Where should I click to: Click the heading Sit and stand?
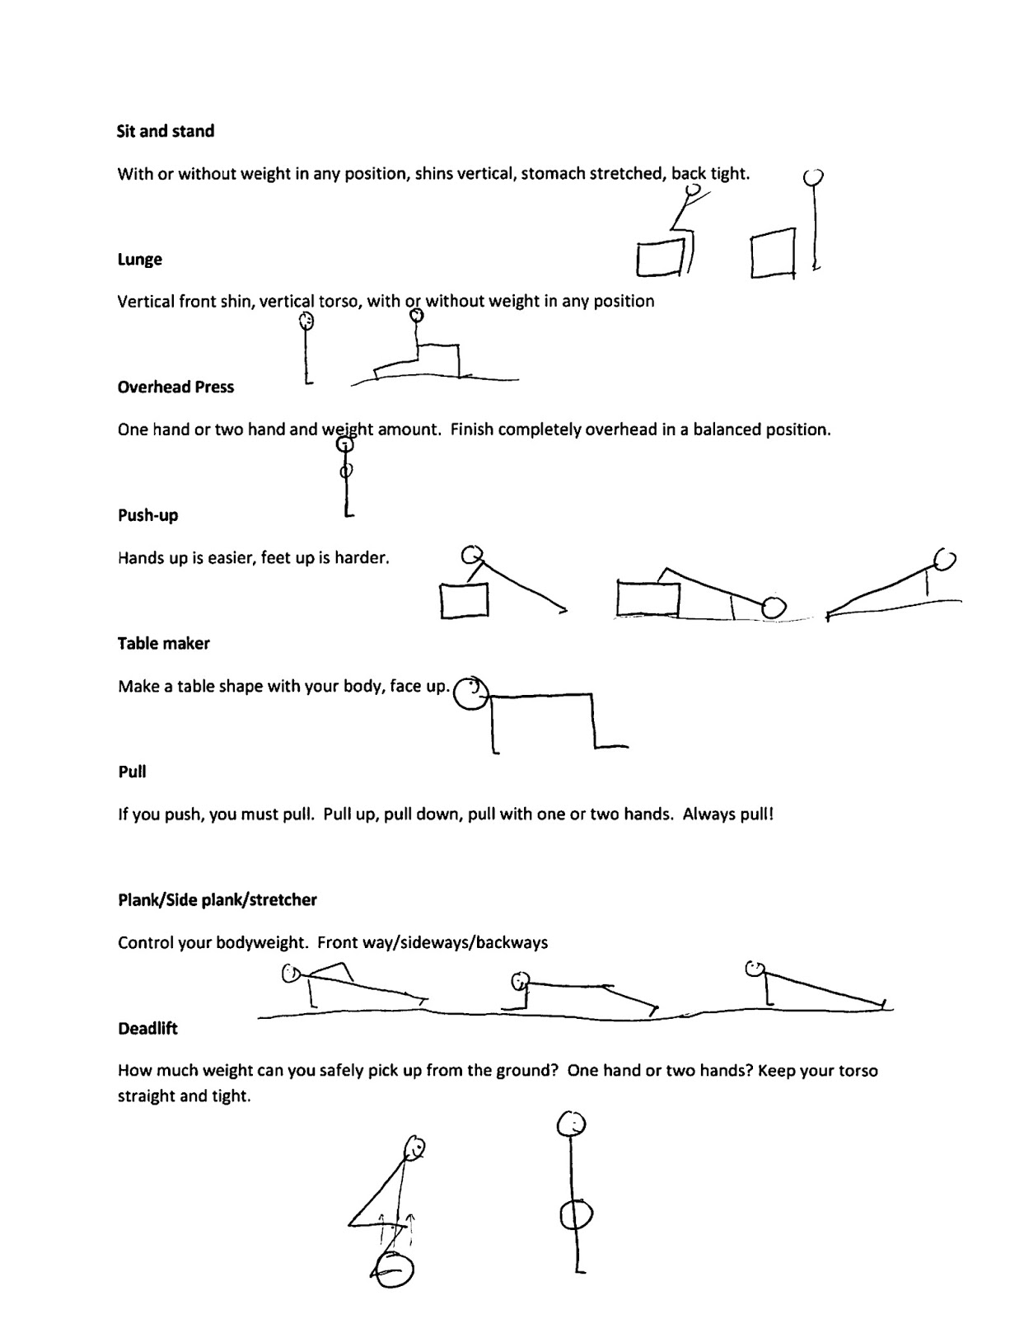point(166,131)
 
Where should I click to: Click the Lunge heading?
point(139,260)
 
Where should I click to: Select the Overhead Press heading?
point(175,387)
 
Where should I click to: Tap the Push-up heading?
point(147,516)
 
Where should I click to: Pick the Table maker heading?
point(163,644)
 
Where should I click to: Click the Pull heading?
point(132,772)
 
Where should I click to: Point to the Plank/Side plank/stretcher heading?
point(217,900)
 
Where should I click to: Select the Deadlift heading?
point(147,1029)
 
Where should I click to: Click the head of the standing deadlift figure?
point(572,1124)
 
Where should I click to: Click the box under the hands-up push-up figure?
point(465,600)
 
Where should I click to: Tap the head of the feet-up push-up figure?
point(773,608)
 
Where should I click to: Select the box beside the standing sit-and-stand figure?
point(773,255)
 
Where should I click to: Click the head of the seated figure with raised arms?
point(693,189)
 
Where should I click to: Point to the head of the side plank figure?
point(519,981)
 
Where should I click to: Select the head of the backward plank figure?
point(754,968)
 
